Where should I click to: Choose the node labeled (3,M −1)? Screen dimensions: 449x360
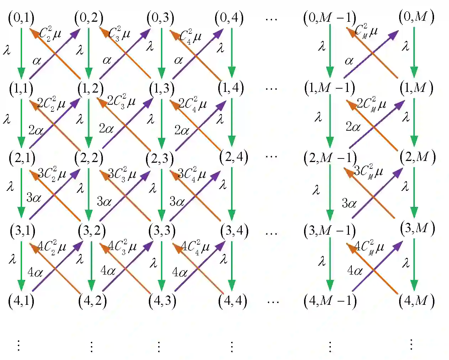(329, 231)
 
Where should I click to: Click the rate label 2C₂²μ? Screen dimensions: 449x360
(51, 104)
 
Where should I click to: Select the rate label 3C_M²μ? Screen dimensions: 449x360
(369, 172)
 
